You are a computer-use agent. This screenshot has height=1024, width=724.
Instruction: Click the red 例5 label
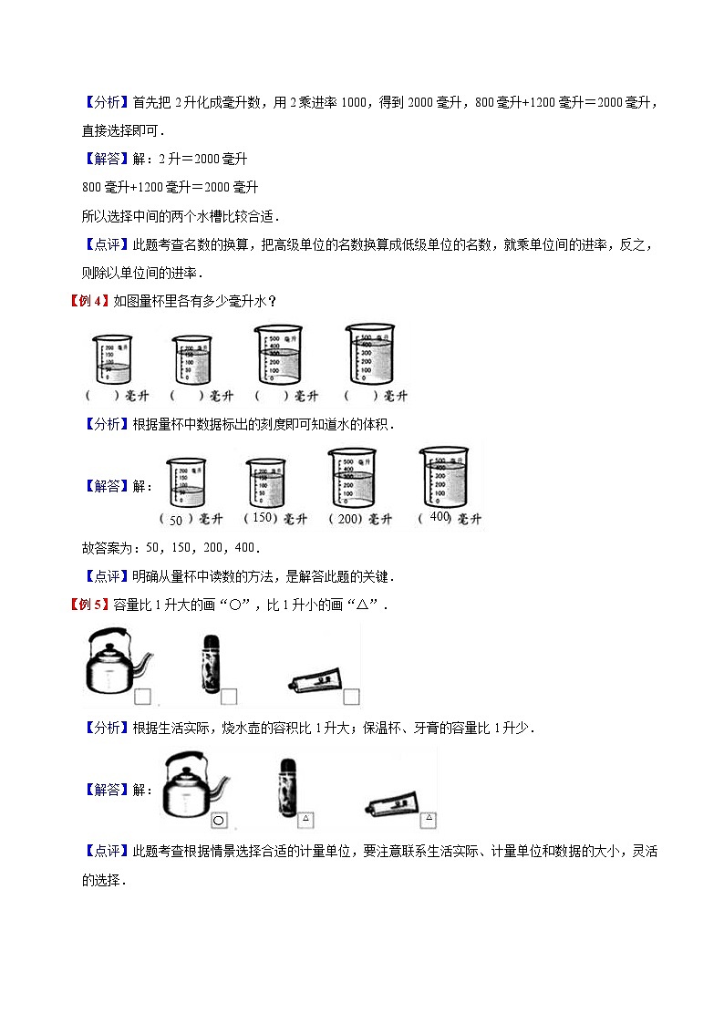[89, 605]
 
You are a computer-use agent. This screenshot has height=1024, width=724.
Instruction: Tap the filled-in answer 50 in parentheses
[177, 520]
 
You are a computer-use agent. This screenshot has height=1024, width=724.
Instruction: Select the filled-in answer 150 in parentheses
[262, 518]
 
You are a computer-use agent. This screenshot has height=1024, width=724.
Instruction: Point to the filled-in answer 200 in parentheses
[346, 519]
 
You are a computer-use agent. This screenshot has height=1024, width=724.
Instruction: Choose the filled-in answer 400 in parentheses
[440, 517]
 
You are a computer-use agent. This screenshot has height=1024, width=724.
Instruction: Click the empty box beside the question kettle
[142, 698]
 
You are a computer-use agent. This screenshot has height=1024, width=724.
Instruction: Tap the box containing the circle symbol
[219, 821]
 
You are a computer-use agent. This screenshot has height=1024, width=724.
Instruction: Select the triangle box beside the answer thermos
[306, 819]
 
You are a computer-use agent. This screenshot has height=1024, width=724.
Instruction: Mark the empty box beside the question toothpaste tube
[351, 698]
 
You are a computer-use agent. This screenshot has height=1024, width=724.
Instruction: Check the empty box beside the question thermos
[229, 698]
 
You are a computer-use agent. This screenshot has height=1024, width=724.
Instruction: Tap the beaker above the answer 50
[186, 483]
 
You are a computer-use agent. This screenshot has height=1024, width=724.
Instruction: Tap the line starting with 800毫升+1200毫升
[170, 187]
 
